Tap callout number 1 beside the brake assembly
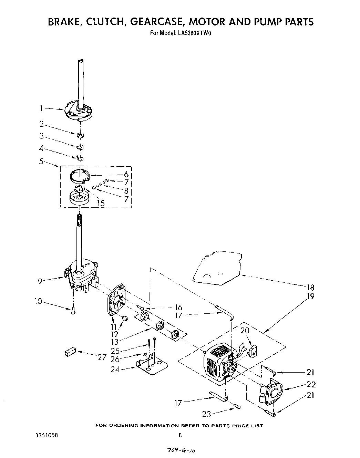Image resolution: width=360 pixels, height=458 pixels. pyautogui.click(x=41, y=108)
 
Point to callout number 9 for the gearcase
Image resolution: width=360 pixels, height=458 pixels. pyautogui.click(x=41, y=281)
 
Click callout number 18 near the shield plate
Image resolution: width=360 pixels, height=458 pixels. pyautogui.click(x=310, y=288)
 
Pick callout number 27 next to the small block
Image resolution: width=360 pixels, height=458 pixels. pyautogui.click(x=102, y=357)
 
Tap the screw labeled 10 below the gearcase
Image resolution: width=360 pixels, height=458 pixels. pyautogui.click(x=73, y=311)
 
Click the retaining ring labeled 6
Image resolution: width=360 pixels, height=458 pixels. pyautogui.click(x=80, y=176)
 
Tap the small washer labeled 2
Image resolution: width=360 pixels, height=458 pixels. pyautogui.click(x=80, y=135)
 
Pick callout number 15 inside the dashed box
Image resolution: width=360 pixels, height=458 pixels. pyautogui.click(x=101, y=203)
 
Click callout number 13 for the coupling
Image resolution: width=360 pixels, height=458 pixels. pyautogui.click(x=115, y=341)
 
